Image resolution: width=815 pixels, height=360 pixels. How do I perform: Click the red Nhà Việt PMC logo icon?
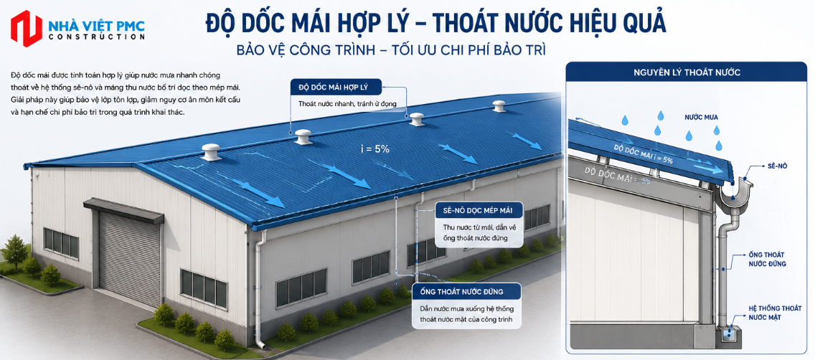pyautogui.click(x=26, y=28)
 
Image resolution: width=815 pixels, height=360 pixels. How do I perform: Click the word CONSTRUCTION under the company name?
pyautogui.click(x=96, y=37)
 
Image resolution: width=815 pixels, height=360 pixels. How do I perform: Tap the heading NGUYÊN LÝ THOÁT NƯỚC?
pyautogui.click(x=686, y=72)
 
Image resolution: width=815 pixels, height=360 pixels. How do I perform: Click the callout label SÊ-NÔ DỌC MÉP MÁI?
pyautogui.click(x=477, y=210)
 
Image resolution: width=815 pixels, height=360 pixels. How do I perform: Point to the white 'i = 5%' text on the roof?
pyautogui.click(x=374, y=149)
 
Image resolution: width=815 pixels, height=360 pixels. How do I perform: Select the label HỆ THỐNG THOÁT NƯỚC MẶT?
pyautogui.click(x=771, y=312)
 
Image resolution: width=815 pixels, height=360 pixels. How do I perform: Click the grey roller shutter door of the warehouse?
pyautogui.click(x=129, y=259)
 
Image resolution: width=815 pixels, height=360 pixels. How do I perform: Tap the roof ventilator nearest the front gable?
pyautogui.click(x=211, y=152)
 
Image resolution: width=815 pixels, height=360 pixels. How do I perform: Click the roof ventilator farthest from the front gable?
pyautogui.click(x=499, y=106)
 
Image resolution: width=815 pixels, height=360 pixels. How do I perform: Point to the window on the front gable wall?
pyautogui.click(x=61, y=242)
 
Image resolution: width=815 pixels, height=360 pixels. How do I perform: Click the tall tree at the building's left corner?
pyautogui.click(x=14, y=252)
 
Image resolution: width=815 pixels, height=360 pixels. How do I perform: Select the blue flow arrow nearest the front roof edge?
pyautogui.click(x=258, y=193)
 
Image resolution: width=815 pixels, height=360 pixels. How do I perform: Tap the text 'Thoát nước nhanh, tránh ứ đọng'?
pyautogui.click(x=347, y=103)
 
